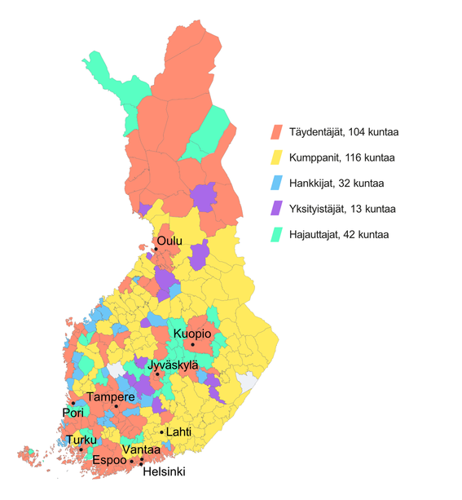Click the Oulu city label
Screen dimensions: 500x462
(x=169, y=241)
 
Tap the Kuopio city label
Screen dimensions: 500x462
(x=192, y=334)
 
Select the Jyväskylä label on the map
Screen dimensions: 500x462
(x=173, y=366)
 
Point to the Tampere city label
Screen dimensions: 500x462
(x=110, y=396)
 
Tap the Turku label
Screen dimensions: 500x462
(x=81, y=440)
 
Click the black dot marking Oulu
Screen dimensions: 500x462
(x=155, y=249)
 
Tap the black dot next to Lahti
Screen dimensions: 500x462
(x=161, y=431)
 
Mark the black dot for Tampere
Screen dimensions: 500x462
(x=116, y=406)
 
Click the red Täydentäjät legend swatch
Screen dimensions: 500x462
(x=277, y=131)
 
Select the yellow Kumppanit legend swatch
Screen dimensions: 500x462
(x=277, y=157)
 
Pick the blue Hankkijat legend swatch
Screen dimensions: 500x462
(x=277, y=184)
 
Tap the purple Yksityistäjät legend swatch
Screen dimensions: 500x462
(x=277, y=209)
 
